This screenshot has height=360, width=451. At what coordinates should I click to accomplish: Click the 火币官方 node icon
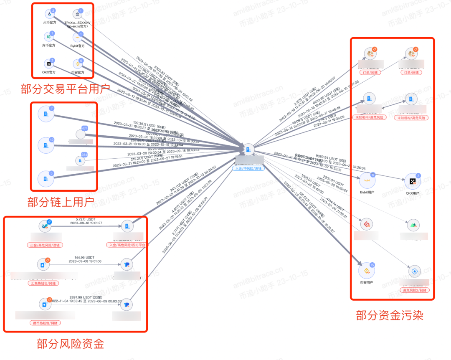coord(49,16)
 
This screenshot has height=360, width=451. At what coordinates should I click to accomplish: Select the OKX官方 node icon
coord(49,64)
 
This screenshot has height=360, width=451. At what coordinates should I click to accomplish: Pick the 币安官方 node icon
coord(77,65)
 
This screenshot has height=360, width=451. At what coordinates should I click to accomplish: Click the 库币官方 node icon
coord(49,38)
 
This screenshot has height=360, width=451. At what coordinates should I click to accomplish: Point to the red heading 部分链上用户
coord(61,203)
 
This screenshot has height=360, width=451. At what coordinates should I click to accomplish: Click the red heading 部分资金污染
coord(390,315)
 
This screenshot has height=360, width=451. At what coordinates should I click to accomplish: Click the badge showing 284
coord(84,155)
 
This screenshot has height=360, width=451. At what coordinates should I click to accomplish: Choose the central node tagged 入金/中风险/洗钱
coord(248,151)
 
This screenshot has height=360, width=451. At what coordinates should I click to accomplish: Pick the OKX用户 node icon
coord(413,181)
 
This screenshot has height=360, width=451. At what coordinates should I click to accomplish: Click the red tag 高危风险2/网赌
coord(414,290)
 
